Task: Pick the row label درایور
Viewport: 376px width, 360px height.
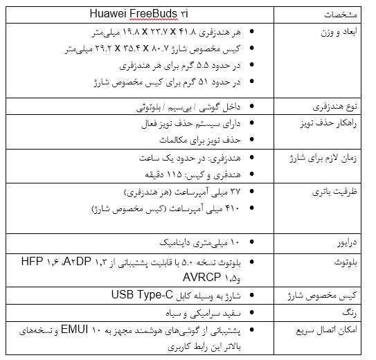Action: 348,243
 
